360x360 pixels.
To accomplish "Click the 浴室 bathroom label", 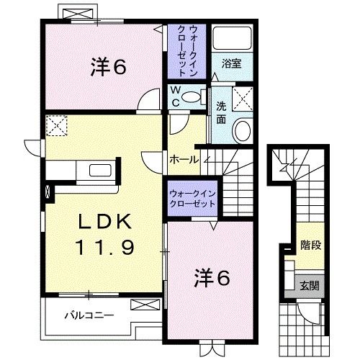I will pyautogui.click(x=232, y=63).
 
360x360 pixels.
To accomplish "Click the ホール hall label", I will pyautogui.click(x=183, y=159).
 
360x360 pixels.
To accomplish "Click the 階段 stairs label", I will pyautogui.click(x=310, y=245).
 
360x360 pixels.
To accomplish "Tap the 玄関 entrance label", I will pyautogui.click(x=310, y=283).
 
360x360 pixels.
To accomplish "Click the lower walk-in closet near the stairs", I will pyautogui.click(x=192, y=199).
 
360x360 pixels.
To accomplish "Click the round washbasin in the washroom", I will pyautogui.click(x=242, y=131).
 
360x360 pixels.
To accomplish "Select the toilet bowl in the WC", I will pyautogui.click(x=194, y=101).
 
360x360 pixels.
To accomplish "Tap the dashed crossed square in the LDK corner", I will pyautogui.click(x=56, y=127).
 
